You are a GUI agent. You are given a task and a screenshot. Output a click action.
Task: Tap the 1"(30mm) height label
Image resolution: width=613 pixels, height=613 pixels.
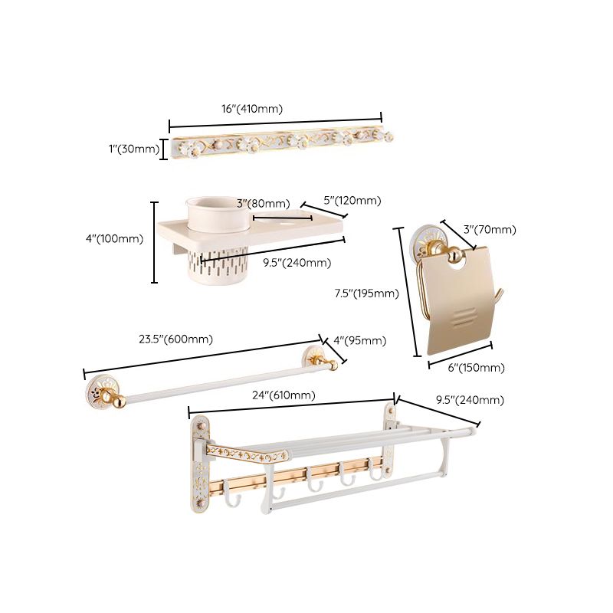coord(135,149)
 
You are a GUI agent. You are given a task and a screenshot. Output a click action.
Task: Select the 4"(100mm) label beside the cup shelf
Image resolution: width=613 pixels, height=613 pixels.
coord(116,238)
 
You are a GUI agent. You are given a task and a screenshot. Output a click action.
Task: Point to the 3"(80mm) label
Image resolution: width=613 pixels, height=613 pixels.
coord(263,204)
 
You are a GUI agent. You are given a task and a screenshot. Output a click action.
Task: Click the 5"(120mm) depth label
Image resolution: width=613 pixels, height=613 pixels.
coord(352,200)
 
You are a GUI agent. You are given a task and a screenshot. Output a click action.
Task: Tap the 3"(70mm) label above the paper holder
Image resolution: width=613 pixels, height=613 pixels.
coord(490,229)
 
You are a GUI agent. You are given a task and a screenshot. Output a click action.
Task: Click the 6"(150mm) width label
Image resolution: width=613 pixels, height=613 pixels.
coord(477,368)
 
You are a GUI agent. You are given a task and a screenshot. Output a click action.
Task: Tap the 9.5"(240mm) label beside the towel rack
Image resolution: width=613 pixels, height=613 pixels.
coord(470,400)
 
